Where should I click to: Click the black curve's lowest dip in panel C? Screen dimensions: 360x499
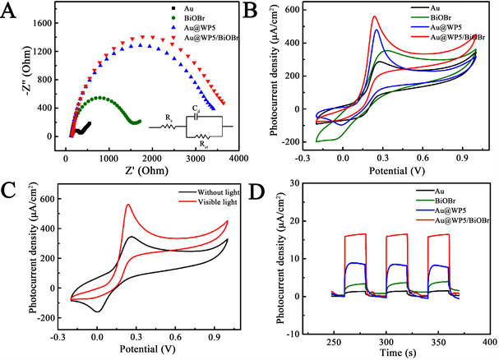[99, 312]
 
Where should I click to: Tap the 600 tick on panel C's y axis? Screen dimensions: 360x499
[58, 198]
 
